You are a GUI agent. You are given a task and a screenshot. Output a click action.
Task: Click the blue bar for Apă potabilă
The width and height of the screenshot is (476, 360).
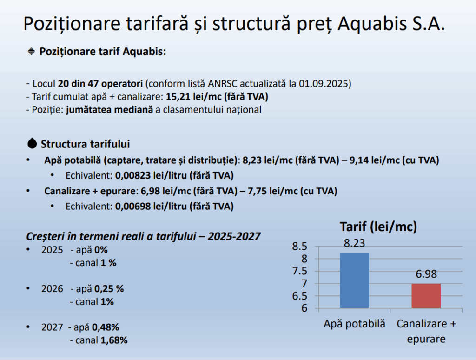tap(354, 280)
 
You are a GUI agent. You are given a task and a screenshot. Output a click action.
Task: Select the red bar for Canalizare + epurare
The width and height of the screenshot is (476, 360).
tap(426, 296)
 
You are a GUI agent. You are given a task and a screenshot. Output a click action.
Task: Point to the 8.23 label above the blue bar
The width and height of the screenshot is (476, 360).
tap(354, 243)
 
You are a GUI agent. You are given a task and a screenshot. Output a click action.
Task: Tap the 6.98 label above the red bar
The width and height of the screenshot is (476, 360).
tap(426, 274)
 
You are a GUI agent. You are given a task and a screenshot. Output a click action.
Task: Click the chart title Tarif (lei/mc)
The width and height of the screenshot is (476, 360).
tap(378, 227)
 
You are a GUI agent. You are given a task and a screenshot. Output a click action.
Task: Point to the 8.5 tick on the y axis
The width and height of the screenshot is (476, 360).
tap(300, 246)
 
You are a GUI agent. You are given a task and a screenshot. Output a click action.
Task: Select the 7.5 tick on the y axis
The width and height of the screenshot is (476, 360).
tap(300, 271)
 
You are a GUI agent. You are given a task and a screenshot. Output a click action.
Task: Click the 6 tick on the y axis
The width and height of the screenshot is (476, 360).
tap(304, 308)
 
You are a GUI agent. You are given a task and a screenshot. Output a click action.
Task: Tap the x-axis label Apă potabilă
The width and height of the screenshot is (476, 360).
tap(354, 324)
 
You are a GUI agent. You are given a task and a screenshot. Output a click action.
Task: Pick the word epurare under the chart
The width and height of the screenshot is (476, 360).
tap(426, 339)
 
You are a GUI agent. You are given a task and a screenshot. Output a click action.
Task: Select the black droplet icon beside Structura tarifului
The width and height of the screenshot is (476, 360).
tap(32, 143)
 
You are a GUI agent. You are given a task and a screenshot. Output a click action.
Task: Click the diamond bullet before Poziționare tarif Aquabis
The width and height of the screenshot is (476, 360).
tap(31, 51)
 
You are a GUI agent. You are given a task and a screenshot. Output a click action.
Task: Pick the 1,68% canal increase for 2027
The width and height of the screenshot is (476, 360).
tap(114, 340)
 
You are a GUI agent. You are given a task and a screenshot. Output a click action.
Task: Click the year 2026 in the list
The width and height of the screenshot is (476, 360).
tap(52, 289)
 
